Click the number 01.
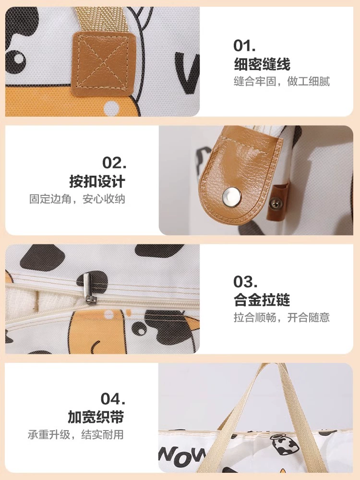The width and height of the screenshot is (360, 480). pos(244,46)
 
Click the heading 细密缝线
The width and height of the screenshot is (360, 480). pos(262,64)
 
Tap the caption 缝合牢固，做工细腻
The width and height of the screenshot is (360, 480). pos(282,82)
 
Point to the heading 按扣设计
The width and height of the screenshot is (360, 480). pos(97,181)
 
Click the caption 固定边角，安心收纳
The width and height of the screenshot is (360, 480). pos(77,199)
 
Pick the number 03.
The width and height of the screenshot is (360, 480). pos(245,281)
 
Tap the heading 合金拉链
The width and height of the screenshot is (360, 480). pos(262,300)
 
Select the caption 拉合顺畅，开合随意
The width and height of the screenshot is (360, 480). pos(282,317)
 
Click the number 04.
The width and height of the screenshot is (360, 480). pos(113,398)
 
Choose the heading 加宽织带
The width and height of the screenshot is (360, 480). pos(96,417)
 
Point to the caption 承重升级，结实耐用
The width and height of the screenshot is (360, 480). pos(76,435)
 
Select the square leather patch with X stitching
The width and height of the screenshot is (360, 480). pos(104,61)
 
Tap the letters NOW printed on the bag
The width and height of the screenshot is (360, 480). pos(182,454)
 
